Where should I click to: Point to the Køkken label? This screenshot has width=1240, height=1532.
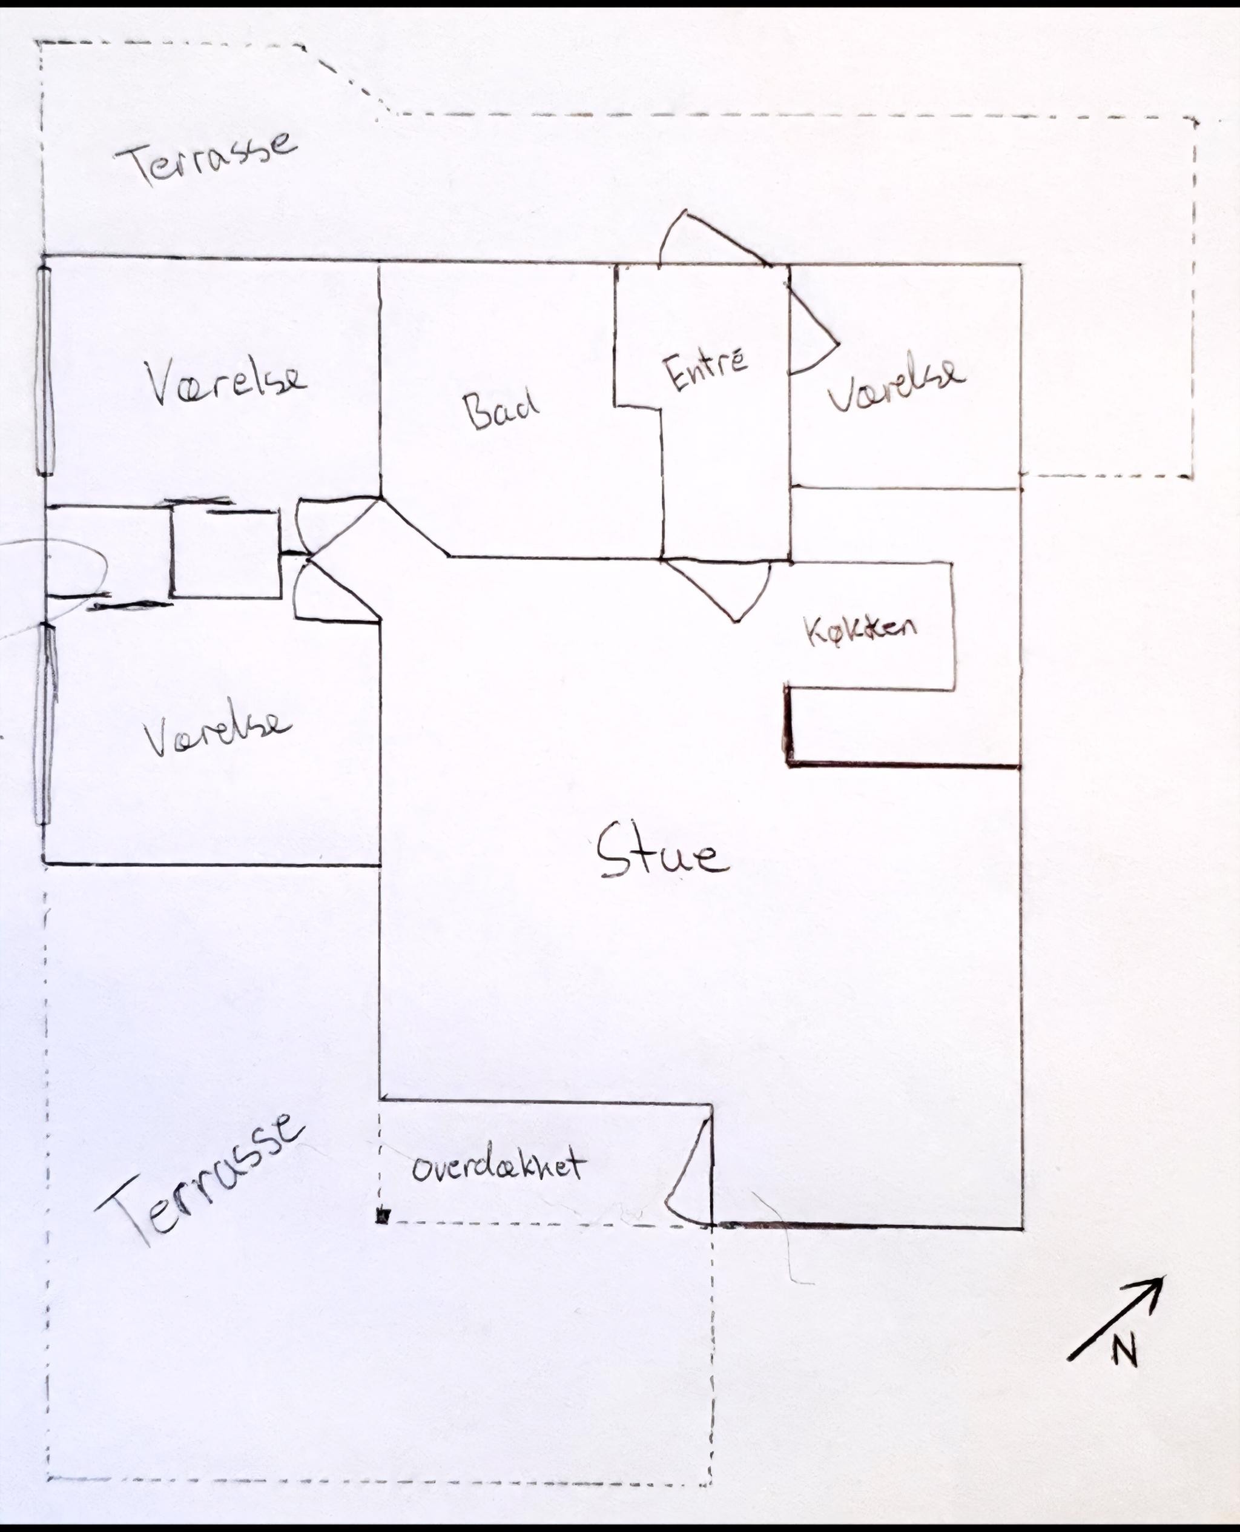click(x=860, y=629)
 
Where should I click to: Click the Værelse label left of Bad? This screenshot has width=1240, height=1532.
click(x=225, y=382)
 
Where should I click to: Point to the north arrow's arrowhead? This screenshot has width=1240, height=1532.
click(x=1152, y=1288)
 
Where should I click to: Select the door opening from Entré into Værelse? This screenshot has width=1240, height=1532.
click(x=814, y=325)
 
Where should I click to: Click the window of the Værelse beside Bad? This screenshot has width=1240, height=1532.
click(x=45, y=370)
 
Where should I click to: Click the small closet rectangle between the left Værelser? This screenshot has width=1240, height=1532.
click(x=226, y=554)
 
